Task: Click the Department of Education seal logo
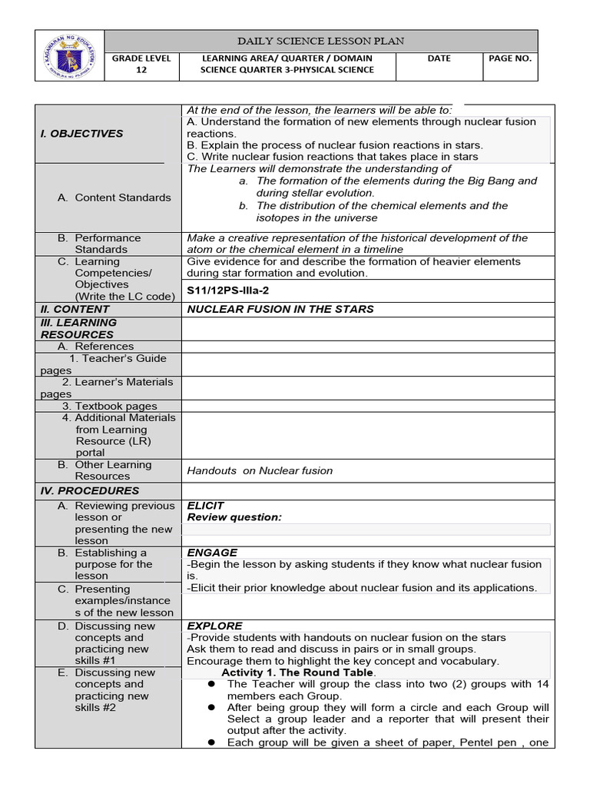pos(69,55)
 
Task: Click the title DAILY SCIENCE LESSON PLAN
pos(321,41)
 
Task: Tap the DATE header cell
pos(439,58)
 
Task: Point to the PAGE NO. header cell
pos(510,58)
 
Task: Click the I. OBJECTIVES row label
pos(81,134)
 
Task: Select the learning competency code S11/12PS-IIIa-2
pos(228,291)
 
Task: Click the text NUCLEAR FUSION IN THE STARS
pos(280,309)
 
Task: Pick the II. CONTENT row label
pos(75,309)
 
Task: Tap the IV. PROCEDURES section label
pos(90,490)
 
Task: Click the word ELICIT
pos(206,506)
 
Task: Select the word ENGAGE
pos(212,553)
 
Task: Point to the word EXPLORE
pos(214,626)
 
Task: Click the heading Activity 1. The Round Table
pos(298,672)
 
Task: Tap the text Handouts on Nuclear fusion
pos(260,470)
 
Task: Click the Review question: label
pos(234,517)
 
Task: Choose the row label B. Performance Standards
pos(100,244)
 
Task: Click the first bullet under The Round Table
pos(211,684)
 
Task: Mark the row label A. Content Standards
pos(114,198)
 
